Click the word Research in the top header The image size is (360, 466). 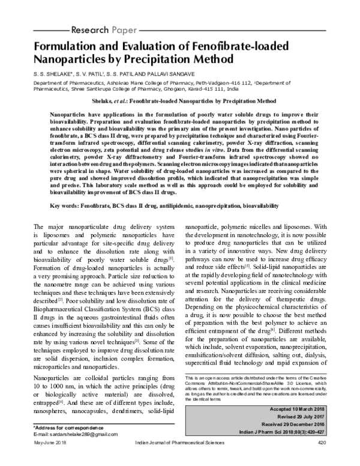91,29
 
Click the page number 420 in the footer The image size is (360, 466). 322,459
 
